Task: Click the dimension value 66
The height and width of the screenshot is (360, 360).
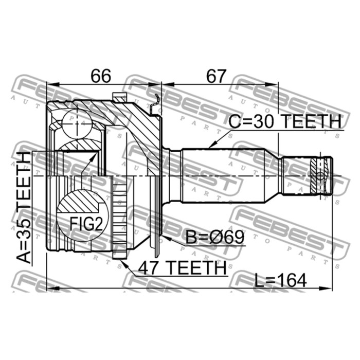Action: [101, 76]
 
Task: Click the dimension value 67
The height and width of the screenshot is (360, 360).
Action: [216, 76]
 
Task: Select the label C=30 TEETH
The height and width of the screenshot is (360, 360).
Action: [285, 121]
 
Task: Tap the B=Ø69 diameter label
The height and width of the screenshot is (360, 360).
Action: [214, 237]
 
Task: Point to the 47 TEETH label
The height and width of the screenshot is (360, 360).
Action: [182, 268]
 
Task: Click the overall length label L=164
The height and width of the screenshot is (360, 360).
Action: [281, 280]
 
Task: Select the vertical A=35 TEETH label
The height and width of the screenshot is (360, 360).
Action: [24, 207]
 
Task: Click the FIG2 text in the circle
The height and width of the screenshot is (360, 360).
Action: [86, 224]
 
